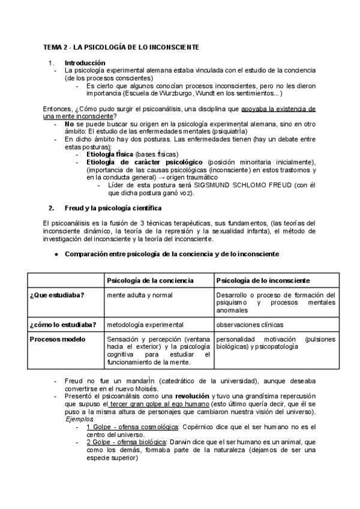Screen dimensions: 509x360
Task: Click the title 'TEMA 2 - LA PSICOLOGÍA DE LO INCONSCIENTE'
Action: [121, 47]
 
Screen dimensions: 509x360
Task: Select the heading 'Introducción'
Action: [85, 62]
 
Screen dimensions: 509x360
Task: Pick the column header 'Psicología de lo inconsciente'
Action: [263, 280]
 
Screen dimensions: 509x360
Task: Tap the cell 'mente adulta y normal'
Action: [140, 295]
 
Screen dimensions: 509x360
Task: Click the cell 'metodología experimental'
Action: [145, 325]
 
